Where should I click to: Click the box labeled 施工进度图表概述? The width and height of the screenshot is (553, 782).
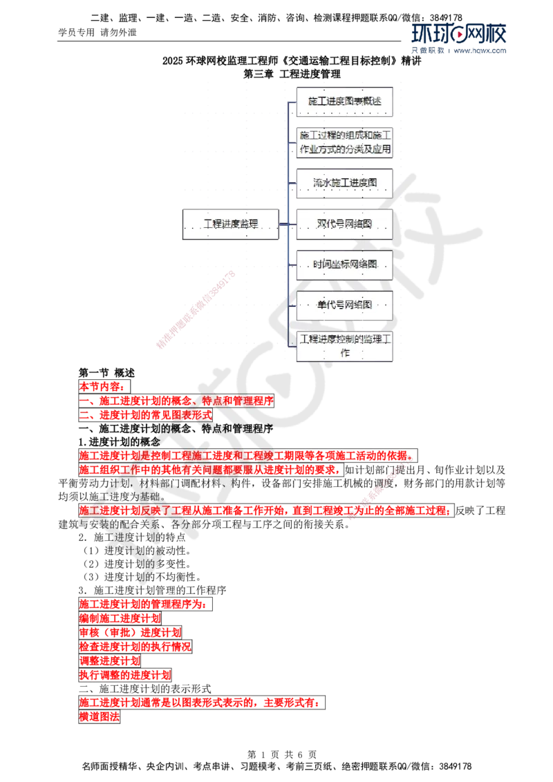(x=344, y=102)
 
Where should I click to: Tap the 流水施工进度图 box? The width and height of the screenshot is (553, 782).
(x=344, y=183)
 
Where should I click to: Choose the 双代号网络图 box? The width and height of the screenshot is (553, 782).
(x=344, y=224)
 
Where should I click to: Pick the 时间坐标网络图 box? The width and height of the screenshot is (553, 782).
(x=344, y=265)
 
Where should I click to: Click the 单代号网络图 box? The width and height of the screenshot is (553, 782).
(x=344, y=305)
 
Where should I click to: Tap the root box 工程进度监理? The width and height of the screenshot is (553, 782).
(x=230, y=224)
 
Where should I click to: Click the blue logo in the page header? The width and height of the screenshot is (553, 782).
(x=458, y=38)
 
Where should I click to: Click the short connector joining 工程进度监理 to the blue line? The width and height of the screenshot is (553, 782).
(x=283, y=224)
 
